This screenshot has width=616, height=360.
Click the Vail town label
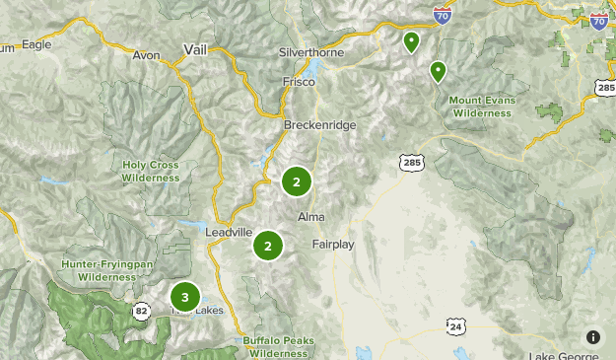click(x=194, y=50)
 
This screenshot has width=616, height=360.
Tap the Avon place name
click(x=146, y=55)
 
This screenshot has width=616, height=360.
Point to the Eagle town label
click(x=34, y=44)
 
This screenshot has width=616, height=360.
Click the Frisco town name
click(x=299, y=82)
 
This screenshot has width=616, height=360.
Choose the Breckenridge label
click(x=319, y=125)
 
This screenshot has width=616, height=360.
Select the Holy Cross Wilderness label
click(x=151, y=172)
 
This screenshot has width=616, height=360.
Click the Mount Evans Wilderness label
click(x=482, y=106)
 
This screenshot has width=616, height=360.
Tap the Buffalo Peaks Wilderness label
click(x=278, y=346)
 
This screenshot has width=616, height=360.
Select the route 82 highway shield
click(x=142, y=310)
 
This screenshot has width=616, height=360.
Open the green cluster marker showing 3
click(x=184, y=296)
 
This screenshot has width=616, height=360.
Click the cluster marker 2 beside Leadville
click(x=267, y=245)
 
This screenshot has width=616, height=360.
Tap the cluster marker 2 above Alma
click(x=296, y=180)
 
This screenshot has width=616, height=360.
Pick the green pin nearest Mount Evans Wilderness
click(x=437, y=71)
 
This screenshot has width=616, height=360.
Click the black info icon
click(x=593, y=336)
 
